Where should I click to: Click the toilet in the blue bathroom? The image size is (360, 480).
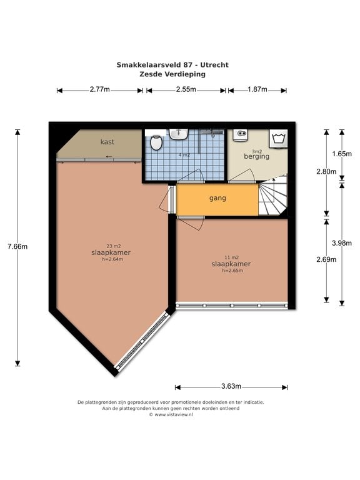click(156, 142)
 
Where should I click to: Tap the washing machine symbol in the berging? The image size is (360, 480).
click(278, 139)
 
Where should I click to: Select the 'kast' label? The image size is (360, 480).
click(107, 142)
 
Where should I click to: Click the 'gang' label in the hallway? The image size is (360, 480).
click(217, 198)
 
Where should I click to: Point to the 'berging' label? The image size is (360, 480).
click(256, 156)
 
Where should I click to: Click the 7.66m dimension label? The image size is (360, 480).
click(17, 246)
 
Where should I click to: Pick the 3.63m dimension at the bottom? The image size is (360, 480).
click(231, 386)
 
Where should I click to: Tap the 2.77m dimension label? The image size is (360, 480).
click(100, 89)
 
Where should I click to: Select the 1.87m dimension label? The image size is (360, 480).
click(257, 89)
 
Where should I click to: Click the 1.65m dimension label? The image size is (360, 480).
click(342, 154)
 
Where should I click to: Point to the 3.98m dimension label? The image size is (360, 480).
click(342, 243)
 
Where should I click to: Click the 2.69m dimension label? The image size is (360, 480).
click(326, 259)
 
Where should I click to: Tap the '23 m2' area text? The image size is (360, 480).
click(114, 246)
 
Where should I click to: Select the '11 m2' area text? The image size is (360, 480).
click(231, 257)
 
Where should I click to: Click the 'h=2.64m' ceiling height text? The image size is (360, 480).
click(112, 259)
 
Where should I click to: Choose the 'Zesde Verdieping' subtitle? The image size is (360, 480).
click(172, 74)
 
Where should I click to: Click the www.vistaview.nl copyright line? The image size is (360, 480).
click(171, 414)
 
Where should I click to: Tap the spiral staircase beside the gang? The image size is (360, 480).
click(272, 195)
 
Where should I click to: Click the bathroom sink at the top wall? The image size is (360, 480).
click(179, 134)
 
